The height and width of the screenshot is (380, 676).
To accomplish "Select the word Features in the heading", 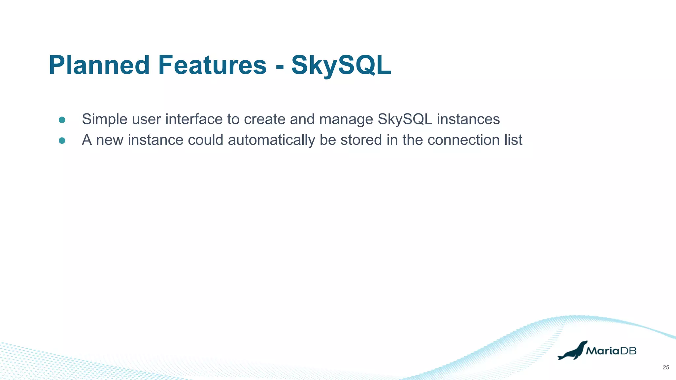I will click(x=212, y=65).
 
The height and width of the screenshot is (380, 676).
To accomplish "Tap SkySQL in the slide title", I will click(x=341, y=65).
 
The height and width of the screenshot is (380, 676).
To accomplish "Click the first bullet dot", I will click(x=62, y=120).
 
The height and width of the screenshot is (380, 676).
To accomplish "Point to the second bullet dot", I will click(x=62, y=141).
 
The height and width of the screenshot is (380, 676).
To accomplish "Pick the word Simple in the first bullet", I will click(x=105, y=119).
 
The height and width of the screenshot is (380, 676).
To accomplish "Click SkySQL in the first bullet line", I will click(x=405, y=119).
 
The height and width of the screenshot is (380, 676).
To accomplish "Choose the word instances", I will click(x=468, y=119).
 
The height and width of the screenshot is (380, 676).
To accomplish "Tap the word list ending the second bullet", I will click(x=513, y=140).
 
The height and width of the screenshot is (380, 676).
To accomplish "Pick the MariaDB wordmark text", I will click(x=611, y=351).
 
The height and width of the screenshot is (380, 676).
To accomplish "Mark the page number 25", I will click(x=666, y=367).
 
